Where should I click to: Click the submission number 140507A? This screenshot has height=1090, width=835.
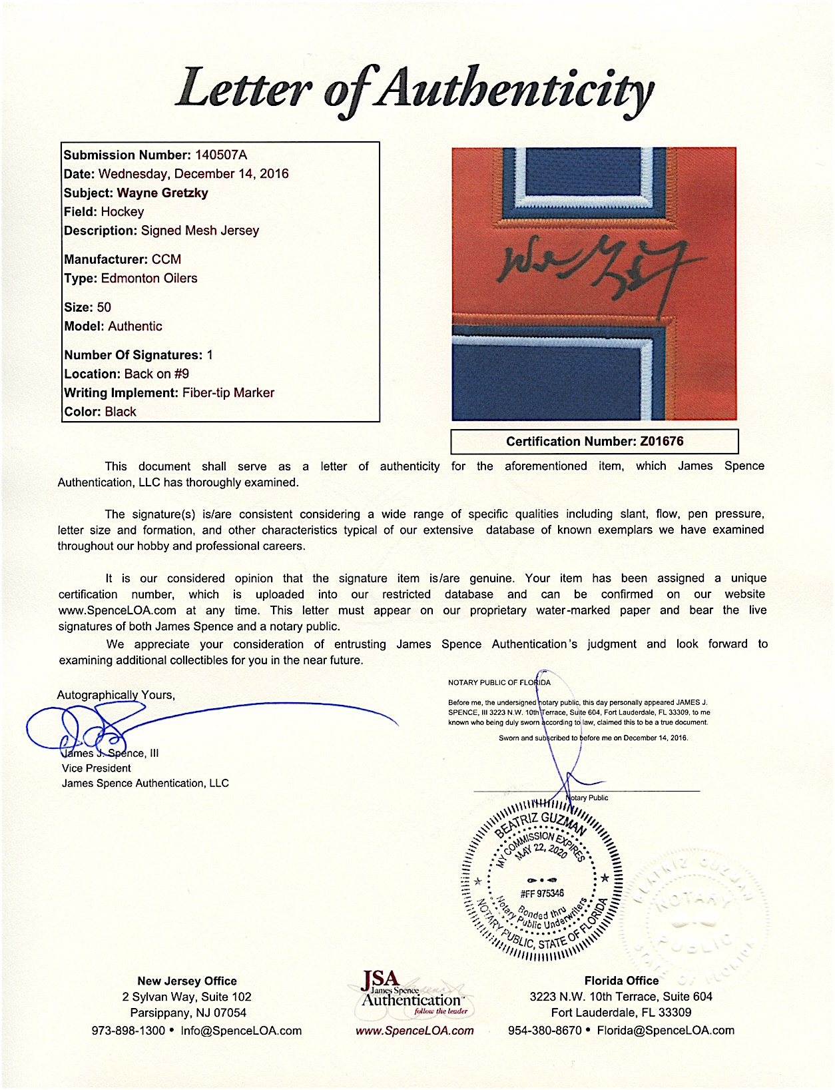(x=220, y=155)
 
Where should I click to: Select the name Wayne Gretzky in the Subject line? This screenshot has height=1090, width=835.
(x=162, y=193)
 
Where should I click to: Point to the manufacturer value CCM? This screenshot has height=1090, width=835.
(x=166, y=259)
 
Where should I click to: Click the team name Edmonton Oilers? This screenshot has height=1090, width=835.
(x=149, y=278)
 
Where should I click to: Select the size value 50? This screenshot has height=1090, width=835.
(x=104, y=307)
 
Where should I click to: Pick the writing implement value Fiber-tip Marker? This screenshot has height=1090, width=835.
(x=228, y=393)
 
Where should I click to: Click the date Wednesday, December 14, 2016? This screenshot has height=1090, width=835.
(x=193, y=174)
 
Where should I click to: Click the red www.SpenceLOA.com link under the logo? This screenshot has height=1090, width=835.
(x=415, y=1031)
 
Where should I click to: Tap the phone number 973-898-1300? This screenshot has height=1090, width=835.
(x=128, y=1031)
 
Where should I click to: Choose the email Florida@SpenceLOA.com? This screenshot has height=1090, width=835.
(x=665, y=1031)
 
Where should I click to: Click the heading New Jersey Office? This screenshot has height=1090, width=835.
(x=187, y=981)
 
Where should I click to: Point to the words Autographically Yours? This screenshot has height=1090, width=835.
(x=116, y=695)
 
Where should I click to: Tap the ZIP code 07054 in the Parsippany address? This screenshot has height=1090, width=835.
(x=230, y=1013)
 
